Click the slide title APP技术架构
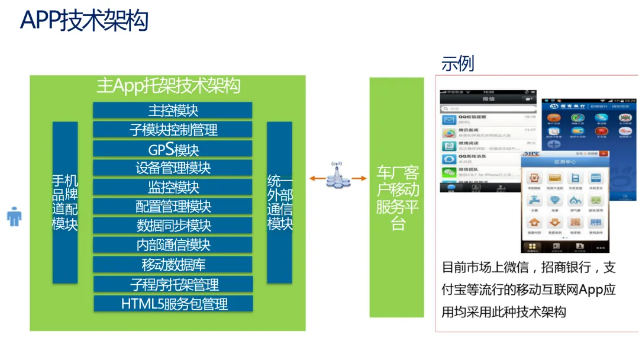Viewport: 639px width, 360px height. tap(84, 20)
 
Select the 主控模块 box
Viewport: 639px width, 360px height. tap(173, 110)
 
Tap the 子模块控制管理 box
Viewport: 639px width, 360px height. tap(173, 130)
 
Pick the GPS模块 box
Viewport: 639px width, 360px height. tap(173, 149)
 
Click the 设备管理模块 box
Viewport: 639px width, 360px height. tap(173, 168)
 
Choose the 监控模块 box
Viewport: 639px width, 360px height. tap(173, 188)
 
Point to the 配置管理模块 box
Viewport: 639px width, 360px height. tap(173, 207)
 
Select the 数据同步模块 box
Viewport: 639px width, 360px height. tap(173, 226)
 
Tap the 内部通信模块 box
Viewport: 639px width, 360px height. tap(173, 245)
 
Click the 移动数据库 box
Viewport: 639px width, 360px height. tap(173, 265)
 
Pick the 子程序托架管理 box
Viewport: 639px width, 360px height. tap(173, 284)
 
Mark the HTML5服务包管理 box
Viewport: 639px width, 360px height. tap(173, 304)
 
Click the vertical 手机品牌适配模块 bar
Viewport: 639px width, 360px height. tap(65, 202)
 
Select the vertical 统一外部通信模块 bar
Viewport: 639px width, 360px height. tap(279, 202)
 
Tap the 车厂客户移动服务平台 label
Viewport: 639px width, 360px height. tap(397, 198)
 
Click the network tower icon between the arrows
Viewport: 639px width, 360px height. tap(337, 177)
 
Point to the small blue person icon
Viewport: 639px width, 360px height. tap(14, 217)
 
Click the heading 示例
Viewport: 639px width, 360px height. tap(457, 63)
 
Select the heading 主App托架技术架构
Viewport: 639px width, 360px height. tap(169, 86)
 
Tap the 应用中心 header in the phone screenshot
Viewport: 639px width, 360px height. tap(564, 162)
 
